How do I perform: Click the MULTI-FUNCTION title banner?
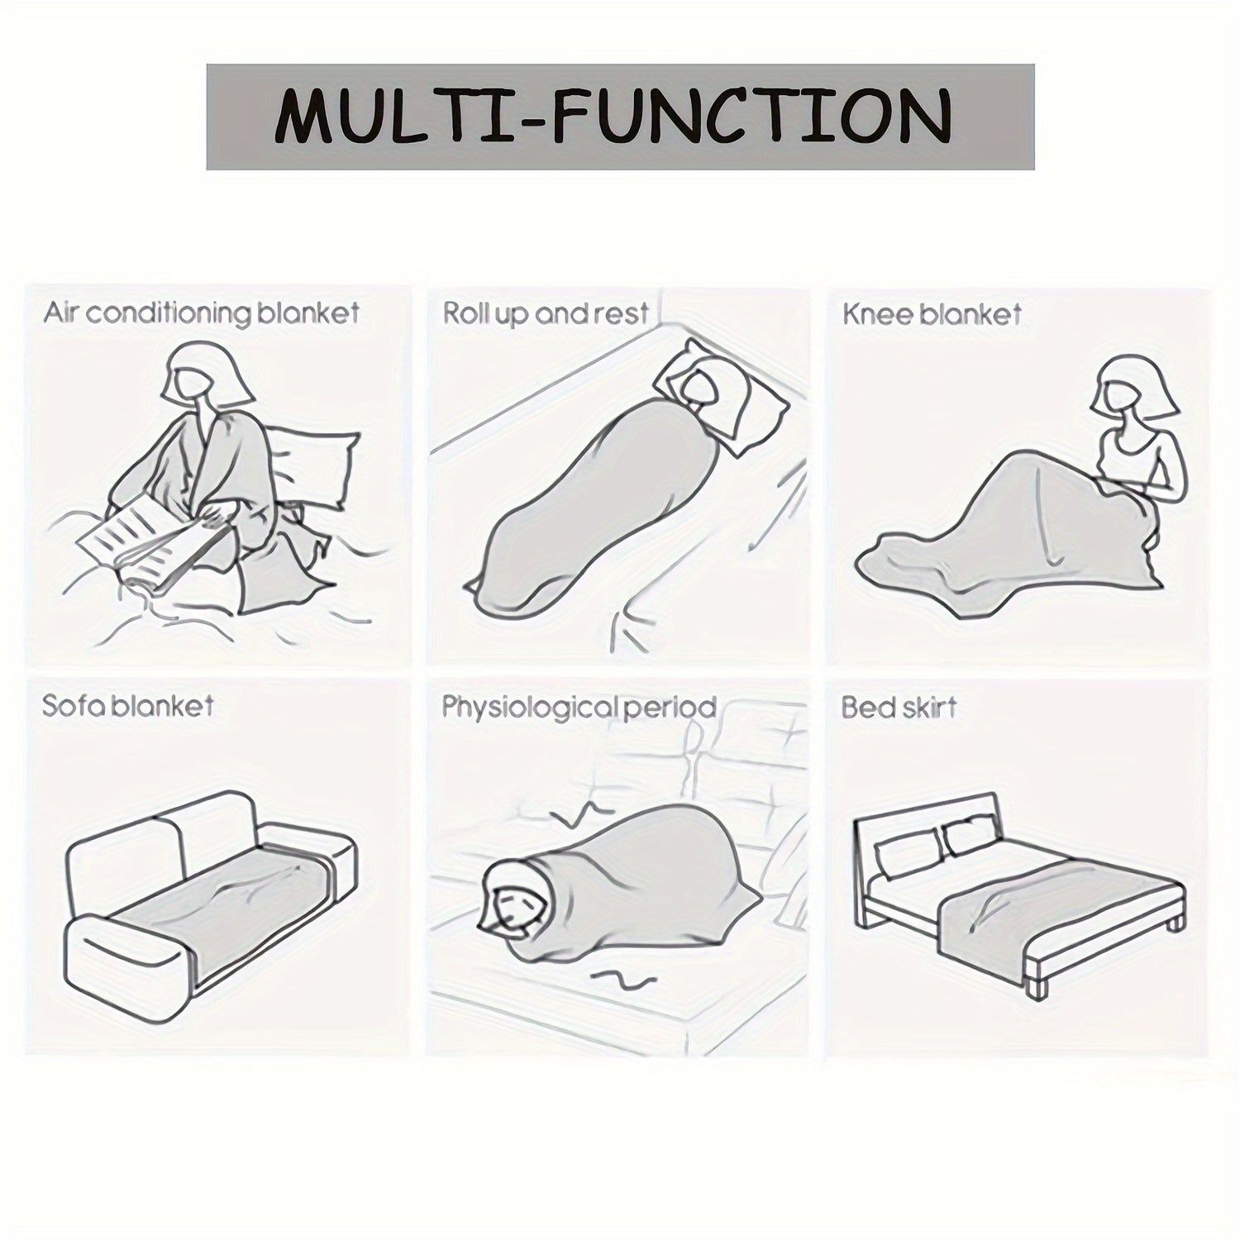coord(620,117)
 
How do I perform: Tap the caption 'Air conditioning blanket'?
coord(202,314)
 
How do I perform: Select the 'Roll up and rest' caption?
coord(546,314)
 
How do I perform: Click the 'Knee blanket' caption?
coord(932,314)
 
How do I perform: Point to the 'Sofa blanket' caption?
coord(127,706)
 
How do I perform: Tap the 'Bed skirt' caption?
coord(899,708)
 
